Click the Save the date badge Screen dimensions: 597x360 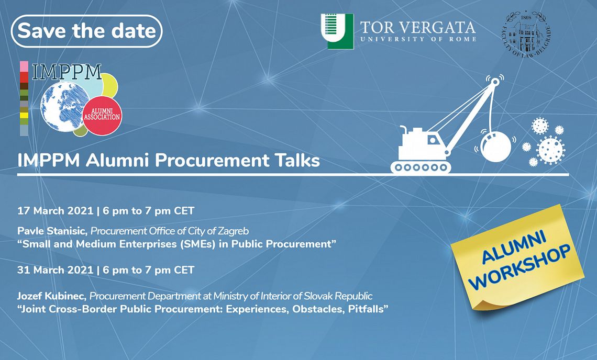click(x=87, y=31)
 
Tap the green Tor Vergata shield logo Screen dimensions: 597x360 click(x=337, y=31)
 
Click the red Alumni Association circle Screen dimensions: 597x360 click(x=102, y=116)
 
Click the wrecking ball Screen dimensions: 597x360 click(x=496, y=147)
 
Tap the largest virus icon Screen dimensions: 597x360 click(x=550, y=150)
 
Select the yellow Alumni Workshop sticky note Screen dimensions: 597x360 click(x=517, y=257)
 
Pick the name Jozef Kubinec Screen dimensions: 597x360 click(x=52, y=296)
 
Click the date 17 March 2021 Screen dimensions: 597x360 click(x=55, y=211)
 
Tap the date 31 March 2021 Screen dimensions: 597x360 click(x=55, y=270)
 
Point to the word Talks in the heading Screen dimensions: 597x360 click(x=295, y=160)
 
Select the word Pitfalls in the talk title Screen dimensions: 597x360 click(x=368, y=309)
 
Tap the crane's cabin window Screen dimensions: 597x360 click(x=433, y=140)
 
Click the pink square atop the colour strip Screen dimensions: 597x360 click(x=24, y=66)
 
